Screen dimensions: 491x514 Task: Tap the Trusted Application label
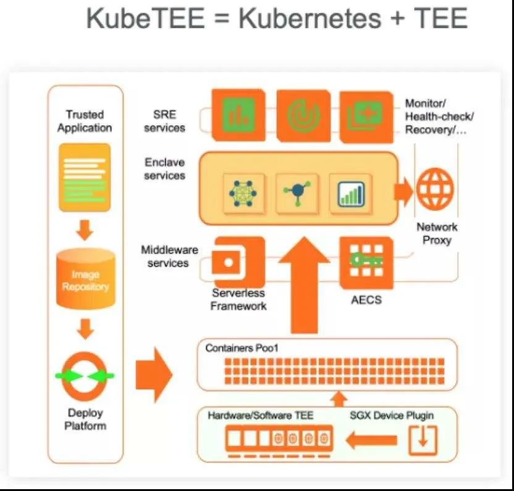pos(85,121)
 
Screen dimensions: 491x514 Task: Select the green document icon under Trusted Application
pos(85,178)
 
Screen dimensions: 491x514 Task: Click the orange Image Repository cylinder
pos(85,279)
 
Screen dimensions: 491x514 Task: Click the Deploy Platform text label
pos(85,419)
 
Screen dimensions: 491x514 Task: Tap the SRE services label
pos(164,121)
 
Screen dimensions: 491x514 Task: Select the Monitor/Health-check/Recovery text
pos(439,117)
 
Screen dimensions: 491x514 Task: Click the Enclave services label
pos(165,169)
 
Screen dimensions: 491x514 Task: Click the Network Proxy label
pos(437,233)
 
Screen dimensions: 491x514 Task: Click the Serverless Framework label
pos(238,299)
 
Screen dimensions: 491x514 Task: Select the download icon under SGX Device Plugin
pos(423,440)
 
